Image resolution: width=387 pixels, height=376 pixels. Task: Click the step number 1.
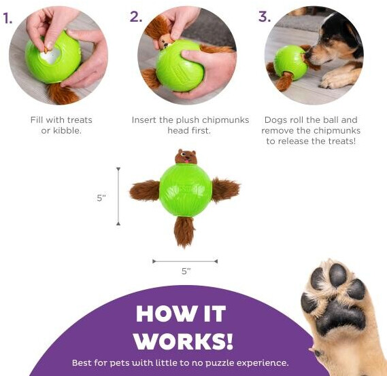point(7,18)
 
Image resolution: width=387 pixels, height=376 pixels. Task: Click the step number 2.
point(136,17)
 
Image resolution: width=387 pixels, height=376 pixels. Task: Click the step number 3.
point(265,17)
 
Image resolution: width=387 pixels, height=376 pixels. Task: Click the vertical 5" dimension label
point(101,198)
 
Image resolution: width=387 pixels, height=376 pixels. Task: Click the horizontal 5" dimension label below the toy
point(186,271)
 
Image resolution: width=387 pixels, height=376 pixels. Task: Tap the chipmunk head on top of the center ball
point(186,157)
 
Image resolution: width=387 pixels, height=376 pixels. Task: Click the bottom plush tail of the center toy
point(184,231)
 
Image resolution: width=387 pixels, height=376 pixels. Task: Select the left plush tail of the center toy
point(145,190)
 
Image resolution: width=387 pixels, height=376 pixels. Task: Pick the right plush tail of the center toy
point(226,189)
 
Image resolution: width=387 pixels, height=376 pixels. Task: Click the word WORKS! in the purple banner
point(183,341)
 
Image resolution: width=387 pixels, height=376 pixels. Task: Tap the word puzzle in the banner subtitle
point(219,363)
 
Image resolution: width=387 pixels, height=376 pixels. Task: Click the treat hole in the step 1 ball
point(50,56)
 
